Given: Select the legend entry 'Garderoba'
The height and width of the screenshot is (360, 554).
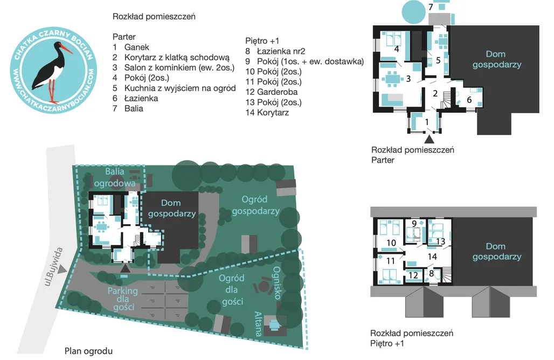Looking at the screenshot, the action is pyautogui.click(x=278, y=92).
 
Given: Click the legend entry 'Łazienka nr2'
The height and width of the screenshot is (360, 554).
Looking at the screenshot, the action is pyautogui.click(x=281, y=51).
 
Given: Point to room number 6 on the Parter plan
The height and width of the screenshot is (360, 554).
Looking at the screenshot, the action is pyautogui.click(x=469, y=100).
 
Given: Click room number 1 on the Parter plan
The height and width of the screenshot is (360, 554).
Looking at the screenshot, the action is pyautogui.click(x=427, y=122).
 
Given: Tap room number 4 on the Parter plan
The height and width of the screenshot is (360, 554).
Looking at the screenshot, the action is pyautogui.click(x=397, y=49).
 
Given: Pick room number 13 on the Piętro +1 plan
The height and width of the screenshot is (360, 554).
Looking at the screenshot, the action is pyautogui.click(x=441, y=241).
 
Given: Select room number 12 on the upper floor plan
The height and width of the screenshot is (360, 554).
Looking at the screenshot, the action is pyautogui.click(x=413, y=275).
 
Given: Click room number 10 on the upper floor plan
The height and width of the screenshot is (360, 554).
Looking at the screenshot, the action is pyautogui.click(x=391, y=243).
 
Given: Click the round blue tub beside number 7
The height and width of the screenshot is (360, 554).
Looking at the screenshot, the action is pyautogui.click(x=413, y=12).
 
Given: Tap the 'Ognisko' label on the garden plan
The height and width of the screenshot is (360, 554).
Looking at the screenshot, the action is pyautogui.click(x=276, y=283).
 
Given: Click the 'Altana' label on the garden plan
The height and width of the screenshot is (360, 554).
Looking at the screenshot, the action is pyautogui.click(x=258, y=323).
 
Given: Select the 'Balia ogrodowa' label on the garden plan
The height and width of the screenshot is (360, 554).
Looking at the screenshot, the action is pyautogui.click(x=115, y=177).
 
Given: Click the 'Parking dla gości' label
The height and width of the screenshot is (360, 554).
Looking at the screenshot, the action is pyautogui.click(x=122, y=299).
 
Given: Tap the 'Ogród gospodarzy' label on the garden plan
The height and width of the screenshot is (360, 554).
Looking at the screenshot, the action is pyautogui.click(x=255, y=205).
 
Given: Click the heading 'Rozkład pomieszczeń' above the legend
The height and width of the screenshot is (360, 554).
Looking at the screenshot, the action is pyautogui.click(x=154, y=17).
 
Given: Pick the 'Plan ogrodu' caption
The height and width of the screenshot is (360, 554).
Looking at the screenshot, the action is pyautogui.click(x=88, y=351).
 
